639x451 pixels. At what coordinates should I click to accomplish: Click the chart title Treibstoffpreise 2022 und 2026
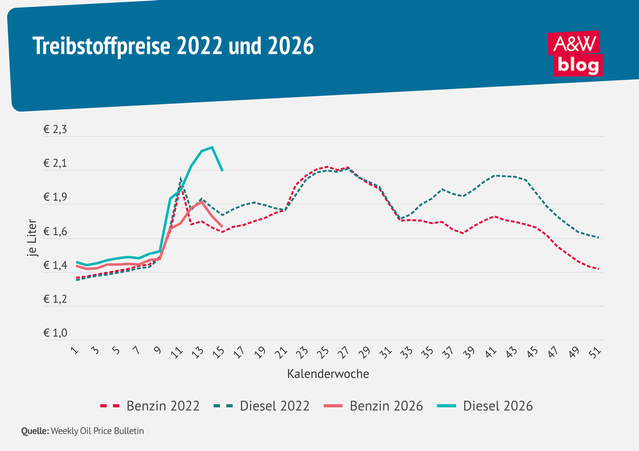pos(173,47)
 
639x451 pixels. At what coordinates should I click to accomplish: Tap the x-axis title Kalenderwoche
pos(328,374)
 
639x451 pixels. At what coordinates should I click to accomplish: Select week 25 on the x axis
pos(323,352)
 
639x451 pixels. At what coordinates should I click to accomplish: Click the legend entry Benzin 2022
pos(150,406)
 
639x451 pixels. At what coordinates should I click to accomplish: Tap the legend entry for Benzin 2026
pos(373,406)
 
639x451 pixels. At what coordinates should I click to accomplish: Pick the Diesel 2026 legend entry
pos(485,406)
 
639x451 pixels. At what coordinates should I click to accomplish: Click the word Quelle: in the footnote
pos(35,431)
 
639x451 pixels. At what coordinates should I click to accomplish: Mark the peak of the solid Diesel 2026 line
pos(212,147)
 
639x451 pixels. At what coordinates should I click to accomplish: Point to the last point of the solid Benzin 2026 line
pos(222,227)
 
